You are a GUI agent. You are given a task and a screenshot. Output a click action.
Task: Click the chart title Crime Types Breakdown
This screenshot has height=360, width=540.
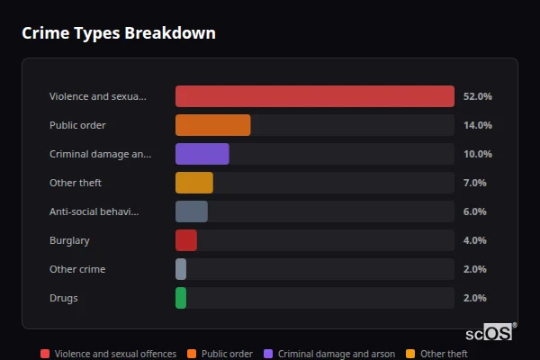[118, 33]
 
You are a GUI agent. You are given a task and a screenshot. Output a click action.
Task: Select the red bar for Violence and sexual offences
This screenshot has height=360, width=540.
[314, 96]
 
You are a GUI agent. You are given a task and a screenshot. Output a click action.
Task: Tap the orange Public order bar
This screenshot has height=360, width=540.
[212, 125]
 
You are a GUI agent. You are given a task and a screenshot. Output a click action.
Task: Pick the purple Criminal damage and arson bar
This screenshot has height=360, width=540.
[202, 154]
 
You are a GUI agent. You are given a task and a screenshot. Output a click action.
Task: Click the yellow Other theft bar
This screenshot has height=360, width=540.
[193, 183]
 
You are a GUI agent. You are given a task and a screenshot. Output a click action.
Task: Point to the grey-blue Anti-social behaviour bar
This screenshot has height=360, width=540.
[191, 211]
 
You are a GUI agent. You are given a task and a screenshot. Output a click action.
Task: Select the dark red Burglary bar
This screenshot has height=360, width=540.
[185, 240]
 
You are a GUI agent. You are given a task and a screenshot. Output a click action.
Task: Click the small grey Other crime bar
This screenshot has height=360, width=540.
[181, 269]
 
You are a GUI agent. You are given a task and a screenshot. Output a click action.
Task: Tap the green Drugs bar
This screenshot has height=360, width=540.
[181, 298]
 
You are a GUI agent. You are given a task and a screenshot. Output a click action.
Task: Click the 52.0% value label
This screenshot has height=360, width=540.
[477, 96]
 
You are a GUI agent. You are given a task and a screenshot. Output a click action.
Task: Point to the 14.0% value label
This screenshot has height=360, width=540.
[477, 125]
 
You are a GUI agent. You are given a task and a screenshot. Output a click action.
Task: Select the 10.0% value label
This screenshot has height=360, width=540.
[477, 154]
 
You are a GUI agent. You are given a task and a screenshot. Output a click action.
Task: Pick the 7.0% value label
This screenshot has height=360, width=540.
[475, 183]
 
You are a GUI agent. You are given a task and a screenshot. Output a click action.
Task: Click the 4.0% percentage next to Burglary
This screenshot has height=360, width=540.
[475, 240]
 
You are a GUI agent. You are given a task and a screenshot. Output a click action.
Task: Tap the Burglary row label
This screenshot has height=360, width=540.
[69, 240]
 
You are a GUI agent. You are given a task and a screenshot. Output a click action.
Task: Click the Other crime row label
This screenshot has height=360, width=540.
[77, 269]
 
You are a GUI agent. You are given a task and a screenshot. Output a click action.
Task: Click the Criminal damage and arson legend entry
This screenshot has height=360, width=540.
[328, 354]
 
